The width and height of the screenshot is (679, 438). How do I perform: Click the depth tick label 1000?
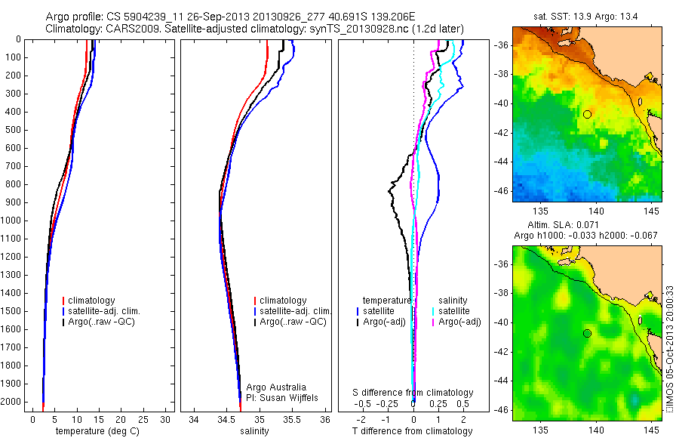(12, 221)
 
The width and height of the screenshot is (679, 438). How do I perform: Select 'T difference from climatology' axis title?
(413, 431)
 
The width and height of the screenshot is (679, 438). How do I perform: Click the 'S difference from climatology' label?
(413, 393)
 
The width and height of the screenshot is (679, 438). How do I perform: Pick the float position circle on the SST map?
(587, 114)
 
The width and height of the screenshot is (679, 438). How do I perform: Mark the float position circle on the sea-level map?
(587, 333)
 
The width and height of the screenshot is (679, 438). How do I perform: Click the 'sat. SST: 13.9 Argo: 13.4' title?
(587, 17)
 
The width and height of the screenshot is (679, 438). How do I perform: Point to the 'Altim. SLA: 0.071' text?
(587, 226)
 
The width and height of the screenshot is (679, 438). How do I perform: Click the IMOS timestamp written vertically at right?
(671, 348)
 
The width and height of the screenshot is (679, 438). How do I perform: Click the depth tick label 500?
(14, 130)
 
